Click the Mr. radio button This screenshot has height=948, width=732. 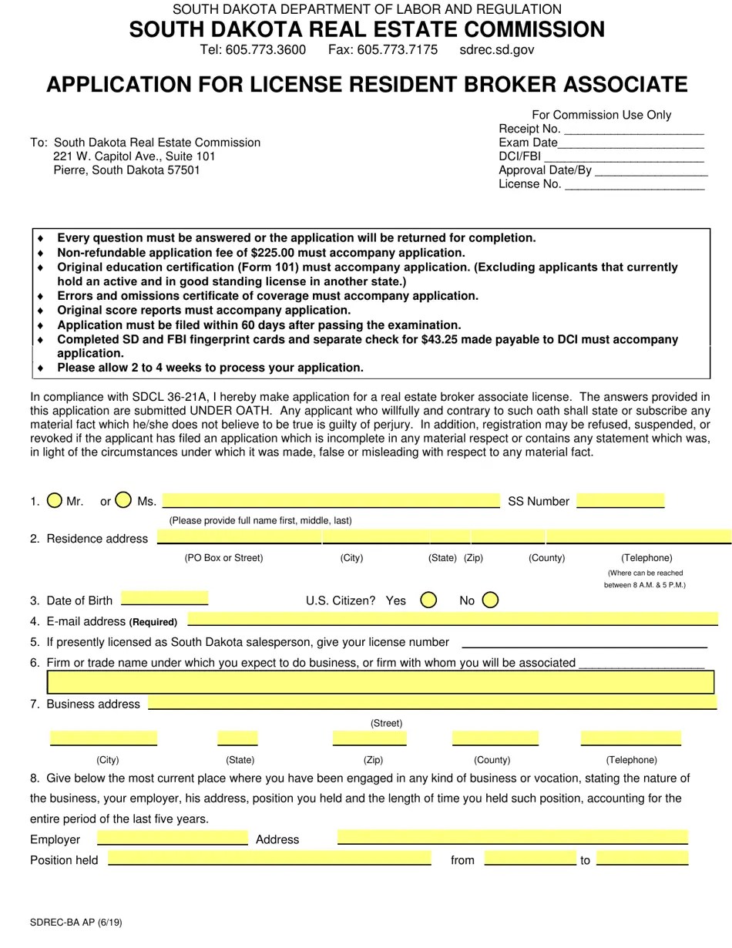coord(54,500)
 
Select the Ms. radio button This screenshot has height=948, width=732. coord(123,500)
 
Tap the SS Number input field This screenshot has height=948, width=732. coord(620,501)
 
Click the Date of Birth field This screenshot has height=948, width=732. coord(165,598)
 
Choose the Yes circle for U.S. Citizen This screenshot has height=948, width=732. coord(429,600)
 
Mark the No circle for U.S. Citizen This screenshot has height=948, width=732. coord(490,600)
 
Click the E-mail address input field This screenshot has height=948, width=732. coord(453,619)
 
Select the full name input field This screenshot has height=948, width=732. coord(331,501)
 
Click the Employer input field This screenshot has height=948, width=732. coord(172,838)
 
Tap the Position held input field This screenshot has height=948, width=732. coord(269,858)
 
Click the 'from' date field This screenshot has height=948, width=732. coord(529,858)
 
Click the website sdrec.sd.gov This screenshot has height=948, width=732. coord(496,50)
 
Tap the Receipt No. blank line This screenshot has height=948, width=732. coord(633,129)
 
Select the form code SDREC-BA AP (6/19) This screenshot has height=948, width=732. coord(76,923)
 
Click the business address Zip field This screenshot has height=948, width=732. coord(369,738)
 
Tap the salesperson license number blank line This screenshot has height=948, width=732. coord(584,642)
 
